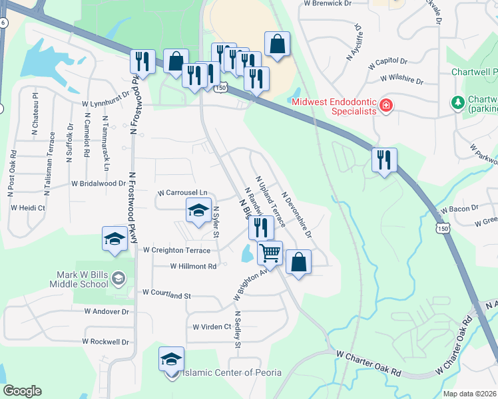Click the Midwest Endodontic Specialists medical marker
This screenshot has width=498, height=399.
[x=385, y=106]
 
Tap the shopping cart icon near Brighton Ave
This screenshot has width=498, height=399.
[x=270, y=252]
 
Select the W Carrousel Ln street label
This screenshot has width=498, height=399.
[x=182, y=193]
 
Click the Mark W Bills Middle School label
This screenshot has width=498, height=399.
[x=79, y=279]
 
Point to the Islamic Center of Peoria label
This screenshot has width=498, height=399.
[x=232, y=372]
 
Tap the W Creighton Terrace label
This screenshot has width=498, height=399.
[x=176, y=251]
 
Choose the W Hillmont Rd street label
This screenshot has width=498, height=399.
[x=194, y=266]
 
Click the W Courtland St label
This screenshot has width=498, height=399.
[x=166, y=293]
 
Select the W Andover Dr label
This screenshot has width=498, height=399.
[x=107, y=311]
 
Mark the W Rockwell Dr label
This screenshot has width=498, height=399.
[x=107, y=342]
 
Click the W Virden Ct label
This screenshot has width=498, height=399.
[x=211, y=327]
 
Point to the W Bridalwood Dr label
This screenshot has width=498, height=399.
[x=99, y=183]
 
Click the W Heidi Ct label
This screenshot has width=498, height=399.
[x=28, y=207]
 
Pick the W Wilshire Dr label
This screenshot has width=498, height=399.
[x=402, y=80]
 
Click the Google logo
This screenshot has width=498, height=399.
[x=22, y=391]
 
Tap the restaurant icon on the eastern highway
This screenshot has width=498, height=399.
[x=385, y=160]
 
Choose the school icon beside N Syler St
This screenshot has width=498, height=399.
[x=198, y=211]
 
